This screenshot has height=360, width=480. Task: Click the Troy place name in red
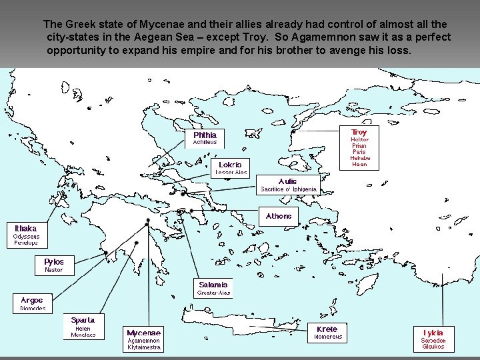[x=359, y=132]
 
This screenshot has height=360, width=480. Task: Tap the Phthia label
[x=205, y=135]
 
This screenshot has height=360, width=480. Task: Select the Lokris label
[x=230, y=164]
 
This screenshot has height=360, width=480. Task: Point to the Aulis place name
[x=288, y=181]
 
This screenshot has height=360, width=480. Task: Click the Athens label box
[x=279, y=216]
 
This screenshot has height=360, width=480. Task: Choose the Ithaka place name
[x=26, y=228]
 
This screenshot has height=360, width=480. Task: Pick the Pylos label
[x=54, y=262]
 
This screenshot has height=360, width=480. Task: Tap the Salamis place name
[x=213, y=285]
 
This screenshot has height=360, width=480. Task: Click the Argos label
[x=31, y=301]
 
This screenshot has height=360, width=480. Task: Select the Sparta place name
[x=83, y=320]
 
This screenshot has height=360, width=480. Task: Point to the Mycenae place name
[x=143, y=332]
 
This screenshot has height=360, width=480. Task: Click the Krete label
[x=327, y=329]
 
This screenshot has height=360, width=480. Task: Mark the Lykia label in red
[x=433, y=332]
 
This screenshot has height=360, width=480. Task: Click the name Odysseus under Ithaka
[x=27, y=237]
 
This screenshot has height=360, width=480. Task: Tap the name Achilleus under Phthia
[x=205, y=143]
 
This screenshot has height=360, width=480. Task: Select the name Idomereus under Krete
[x=328, y=337]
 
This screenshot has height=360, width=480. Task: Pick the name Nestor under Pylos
[x=54, y=270]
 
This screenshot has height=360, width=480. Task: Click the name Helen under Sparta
[x=83, y=328]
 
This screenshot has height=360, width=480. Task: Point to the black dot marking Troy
[x=293, y=132]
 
